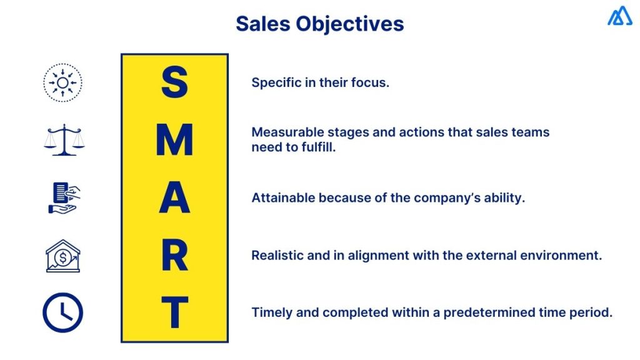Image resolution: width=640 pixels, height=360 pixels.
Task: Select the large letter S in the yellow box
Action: pyautogui.click(x=174, y=83)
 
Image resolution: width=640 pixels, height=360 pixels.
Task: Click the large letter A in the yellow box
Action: pyautogui.click(x=174, y=197)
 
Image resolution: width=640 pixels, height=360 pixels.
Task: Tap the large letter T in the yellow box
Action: pyautogui.click(x=174, y=312)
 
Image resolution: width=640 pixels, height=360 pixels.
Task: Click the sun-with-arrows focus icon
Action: pyautogui.click(x=62, y=82)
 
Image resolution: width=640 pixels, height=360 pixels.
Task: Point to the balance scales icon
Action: pyautogui.click(x=64, y=139)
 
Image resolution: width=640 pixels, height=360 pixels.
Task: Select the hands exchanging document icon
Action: pyautogui.click(x=63, y=197)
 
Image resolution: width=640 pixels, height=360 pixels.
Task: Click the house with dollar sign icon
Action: pyautogui.click(x=63, y=256)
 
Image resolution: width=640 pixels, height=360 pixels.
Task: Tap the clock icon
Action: pyautogui.click(x=62, y=312)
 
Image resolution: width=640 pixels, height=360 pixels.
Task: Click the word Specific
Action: pyautogui.click(x=276, y=82)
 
